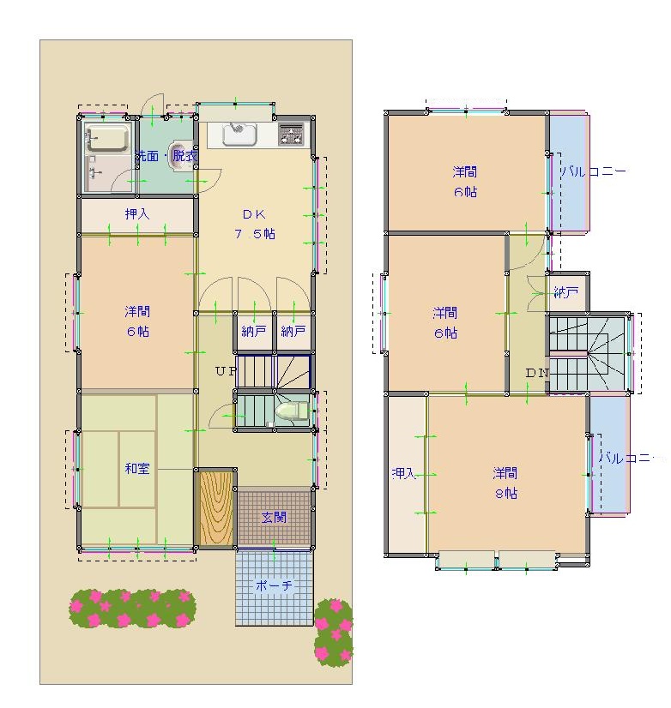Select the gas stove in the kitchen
292,134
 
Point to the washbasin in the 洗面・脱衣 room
179,156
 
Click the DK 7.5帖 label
255,224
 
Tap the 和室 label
137,468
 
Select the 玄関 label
274,517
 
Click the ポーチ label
274,585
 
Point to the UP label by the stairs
226,371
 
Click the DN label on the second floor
537,373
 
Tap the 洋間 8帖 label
505,483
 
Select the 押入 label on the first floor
137,213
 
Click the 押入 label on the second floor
403,473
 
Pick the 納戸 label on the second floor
566,292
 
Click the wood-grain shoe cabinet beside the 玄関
216,508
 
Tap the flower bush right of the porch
334,633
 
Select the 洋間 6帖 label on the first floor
137,321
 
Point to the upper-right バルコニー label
593,171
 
